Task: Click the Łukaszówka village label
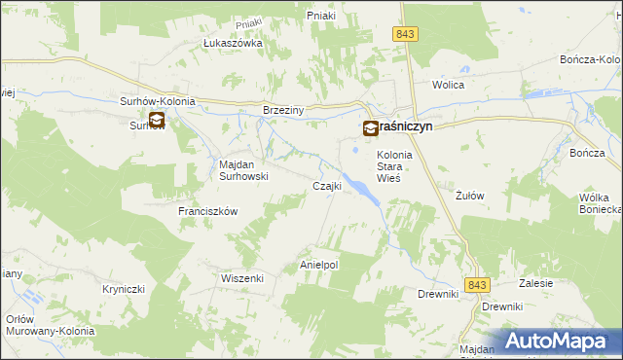(233, 43)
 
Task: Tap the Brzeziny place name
(284, 111)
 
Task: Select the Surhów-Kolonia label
(158, 101)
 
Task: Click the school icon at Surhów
(156, 122)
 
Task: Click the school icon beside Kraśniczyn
(371, 127)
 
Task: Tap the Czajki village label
(325, 186)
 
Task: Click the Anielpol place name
(318, 265)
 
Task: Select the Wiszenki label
(242, 277)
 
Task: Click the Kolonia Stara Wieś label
(395, 166)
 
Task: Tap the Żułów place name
(470, 195)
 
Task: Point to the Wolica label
(449, 85)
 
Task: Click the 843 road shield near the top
(407, 34)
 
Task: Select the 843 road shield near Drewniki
(476, 284)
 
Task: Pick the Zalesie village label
(535, 283)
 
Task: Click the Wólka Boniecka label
(593, 203)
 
